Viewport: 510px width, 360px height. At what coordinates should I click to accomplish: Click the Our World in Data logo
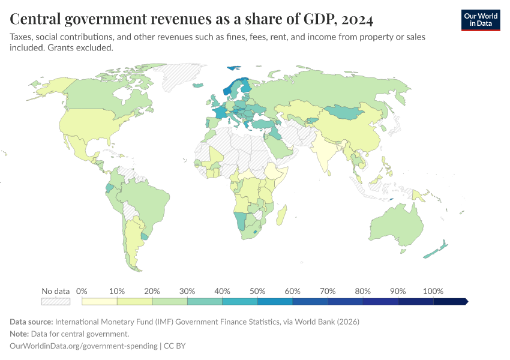[480, 20]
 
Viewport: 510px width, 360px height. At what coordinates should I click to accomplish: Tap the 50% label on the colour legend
[257, 291]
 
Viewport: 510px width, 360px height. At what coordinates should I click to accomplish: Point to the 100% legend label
[433, 291]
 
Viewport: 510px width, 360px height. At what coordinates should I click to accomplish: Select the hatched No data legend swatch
[55, 301]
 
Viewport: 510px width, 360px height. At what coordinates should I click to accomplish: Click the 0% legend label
[82, 291]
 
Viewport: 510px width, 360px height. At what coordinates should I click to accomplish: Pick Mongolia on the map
[347, 112]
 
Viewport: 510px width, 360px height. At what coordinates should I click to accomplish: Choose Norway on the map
[229, 91]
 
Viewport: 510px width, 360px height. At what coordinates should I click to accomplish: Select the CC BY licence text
[178, 346]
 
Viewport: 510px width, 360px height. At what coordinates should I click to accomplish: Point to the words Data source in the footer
[31, 322]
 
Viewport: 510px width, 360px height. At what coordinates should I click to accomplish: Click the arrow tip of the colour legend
[466, 301]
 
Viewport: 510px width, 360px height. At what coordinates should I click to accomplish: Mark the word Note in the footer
[20, 334]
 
